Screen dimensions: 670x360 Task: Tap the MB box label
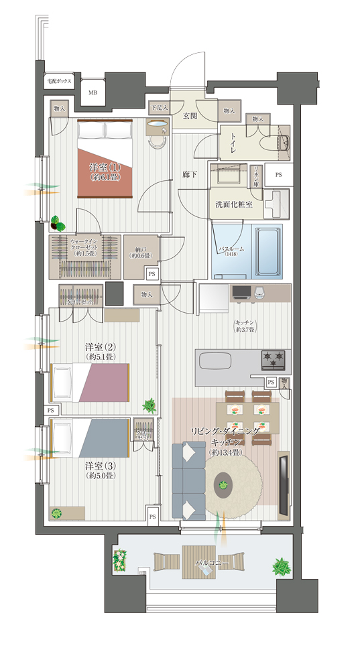coord(92,92)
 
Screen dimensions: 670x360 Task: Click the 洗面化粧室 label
coord(229,205)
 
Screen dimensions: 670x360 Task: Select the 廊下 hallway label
coord(190,175)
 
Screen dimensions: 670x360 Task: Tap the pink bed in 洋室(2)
coord(91,383)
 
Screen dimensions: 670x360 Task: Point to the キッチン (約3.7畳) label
coord(246,326)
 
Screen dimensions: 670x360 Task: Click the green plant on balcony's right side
coord(282,567)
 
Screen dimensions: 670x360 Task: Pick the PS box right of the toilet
coord(278,174)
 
